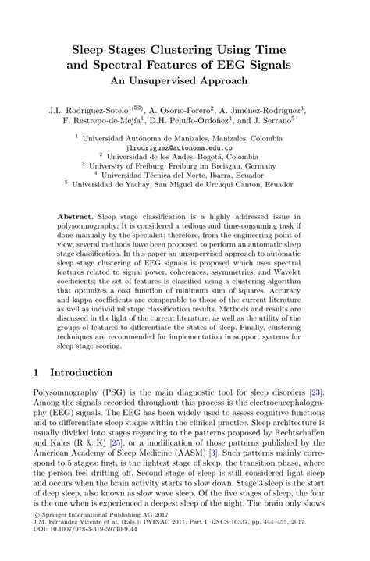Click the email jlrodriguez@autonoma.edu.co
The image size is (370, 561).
(x=184, y=146)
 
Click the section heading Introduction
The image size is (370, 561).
(x=82, y=372)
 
